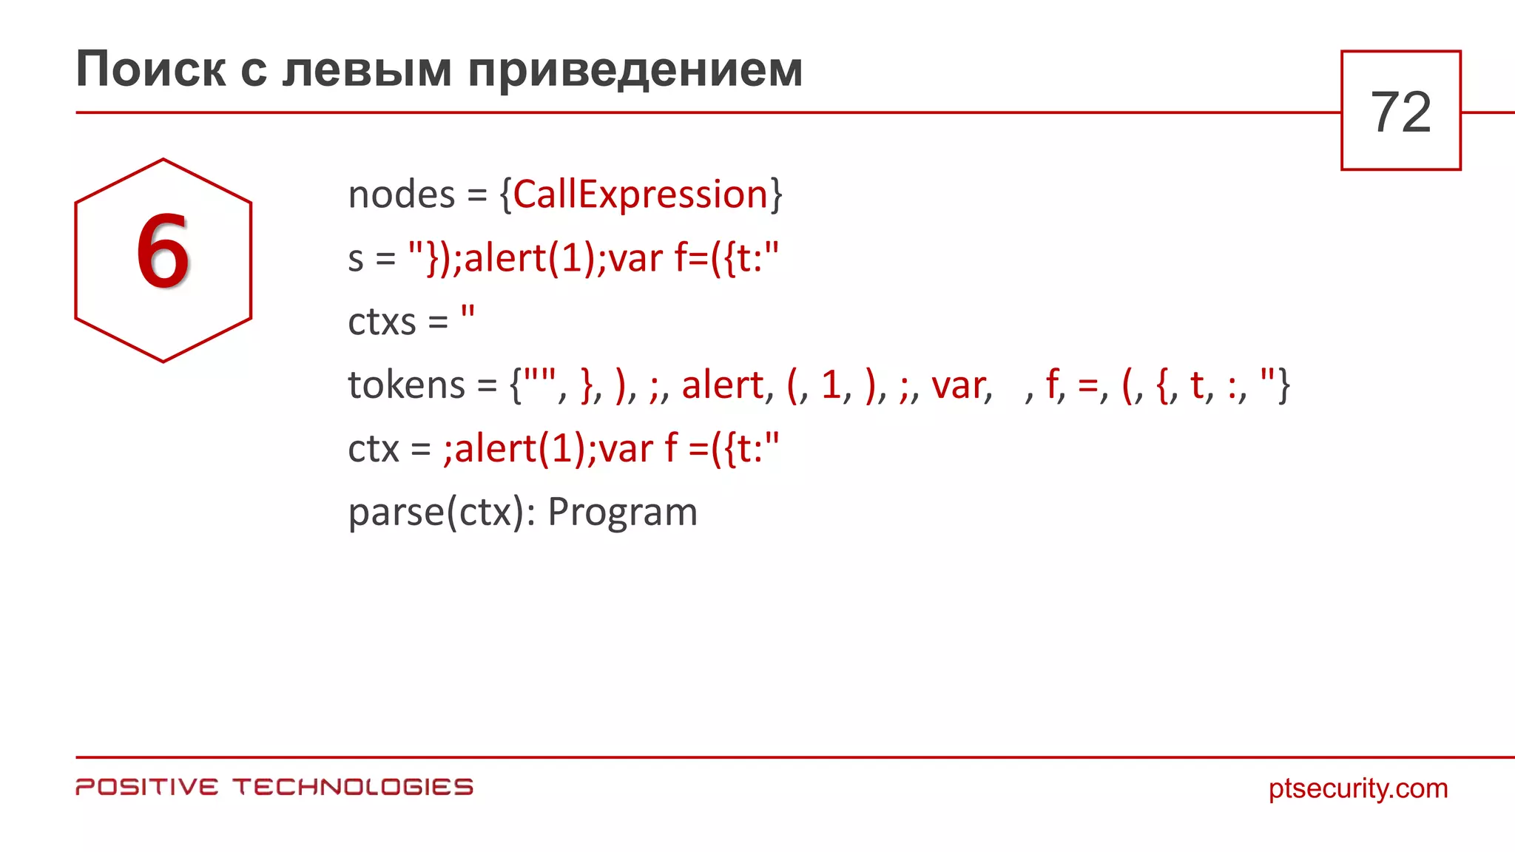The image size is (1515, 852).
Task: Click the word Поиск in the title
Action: click(151, 70)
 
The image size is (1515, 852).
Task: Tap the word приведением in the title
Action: click(635, 70)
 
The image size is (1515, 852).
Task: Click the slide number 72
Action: click(1400, 112)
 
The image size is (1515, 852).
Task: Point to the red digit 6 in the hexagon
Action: click(163, 251)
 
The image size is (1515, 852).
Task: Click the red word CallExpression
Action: click(641, 195)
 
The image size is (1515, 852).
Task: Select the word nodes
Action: click(401, 195)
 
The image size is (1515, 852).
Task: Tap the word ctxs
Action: click(382, 322)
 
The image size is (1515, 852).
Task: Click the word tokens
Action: click(406, 385)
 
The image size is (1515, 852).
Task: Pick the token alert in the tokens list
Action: click(722, 385)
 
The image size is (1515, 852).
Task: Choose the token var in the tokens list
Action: click(959, 386)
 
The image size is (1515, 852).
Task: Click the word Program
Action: click(622, 512)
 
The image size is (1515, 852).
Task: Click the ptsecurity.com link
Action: click(1357, 788)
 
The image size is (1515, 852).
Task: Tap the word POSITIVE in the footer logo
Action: click(147, 787)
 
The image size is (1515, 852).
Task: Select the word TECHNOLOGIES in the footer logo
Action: click(353, 787)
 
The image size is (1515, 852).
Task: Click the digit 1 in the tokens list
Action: click(831, 385)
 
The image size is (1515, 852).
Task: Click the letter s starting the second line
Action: click(356, 260)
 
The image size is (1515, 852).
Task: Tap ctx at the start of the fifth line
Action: click(373, 449)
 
